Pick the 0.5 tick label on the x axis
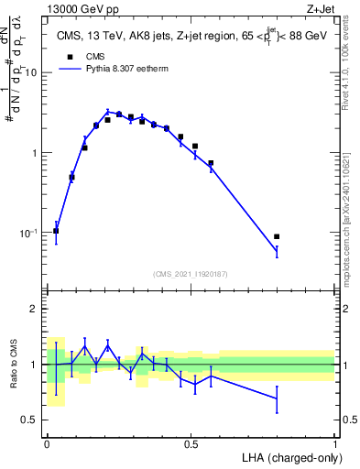pyautogui.click(x=191, y=442)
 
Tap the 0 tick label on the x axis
pyautogui.click(x=47, y=442)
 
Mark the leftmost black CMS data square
pyautogui.click(x=57, y=231)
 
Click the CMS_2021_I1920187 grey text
pyautogui.click(x=191, y=273)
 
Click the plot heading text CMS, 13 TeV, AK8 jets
pyautogui.click(x=128, y=38)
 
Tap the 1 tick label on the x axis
pyautogui.click(x=335, y=442)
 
